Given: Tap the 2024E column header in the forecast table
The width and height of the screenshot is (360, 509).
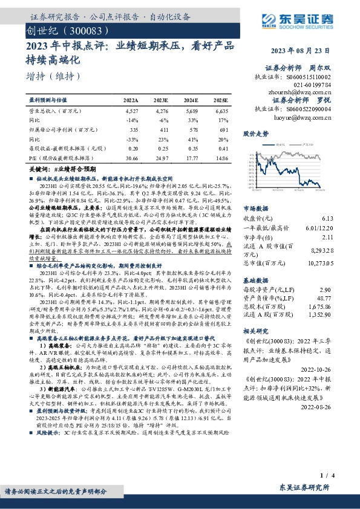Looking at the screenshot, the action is pyautogui.click(x=190, y=100).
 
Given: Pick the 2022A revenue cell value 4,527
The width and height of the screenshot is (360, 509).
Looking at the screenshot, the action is pyautogui.click(x=131, y=111).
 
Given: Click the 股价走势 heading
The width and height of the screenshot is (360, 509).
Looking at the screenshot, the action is pyautogui.click(x=256, y=134).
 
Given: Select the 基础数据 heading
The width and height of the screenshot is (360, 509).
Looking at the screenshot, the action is pyautogui.click(x=256, y=281).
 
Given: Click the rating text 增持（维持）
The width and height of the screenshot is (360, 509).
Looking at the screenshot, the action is pyautogui.click(x=54, y=76).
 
